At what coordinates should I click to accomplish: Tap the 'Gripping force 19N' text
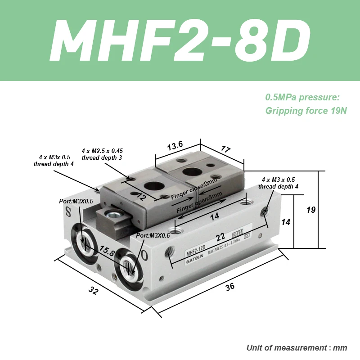[x=306, y=111]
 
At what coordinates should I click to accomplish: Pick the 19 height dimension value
[x=311, y=210]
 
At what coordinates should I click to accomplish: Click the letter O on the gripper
[x=144, y=255]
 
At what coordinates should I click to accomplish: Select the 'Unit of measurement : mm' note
[x=297, y=348]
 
